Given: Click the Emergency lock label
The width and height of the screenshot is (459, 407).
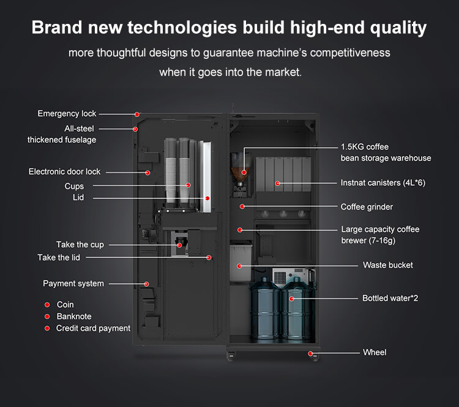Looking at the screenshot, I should [x=67, y=114].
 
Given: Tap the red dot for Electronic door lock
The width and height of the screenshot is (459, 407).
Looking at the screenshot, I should [x=147, y=173].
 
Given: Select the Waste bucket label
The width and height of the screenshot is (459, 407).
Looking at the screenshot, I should [x=387, y=265].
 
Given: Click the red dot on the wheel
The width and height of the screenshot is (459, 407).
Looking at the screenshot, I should [x=310, y=353].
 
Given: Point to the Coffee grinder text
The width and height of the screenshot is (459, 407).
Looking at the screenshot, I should [x=367, y=207].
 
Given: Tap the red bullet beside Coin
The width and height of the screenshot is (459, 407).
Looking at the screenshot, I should [x=47, y=305].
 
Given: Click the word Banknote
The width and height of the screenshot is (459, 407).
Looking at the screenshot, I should [x=73, y=316].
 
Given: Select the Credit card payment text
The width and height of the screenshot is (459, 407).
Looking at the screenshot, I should [x=93, y=329].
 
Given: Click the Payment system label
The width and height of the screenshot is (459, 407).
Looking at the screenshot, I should [x=73, y=284].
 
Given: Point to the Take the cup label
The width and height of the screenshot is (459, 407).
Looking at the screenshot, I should [x=80, y=245].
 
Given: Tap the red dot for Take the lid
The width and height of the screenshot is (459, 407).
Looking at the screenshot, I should [x=209, y=257].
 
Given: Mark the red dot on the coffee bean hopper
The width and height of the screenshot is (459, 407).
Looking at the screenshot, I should [x=244, y=173].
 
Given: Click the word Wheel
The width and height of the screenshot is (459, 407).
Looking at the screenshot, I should [x=375, y=352].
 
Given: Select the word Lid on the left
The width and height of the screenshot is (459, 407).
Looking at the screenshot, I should [x=78, y=198].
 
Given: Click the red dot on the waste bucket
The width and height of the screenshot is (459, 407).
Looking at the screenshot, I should [x=240, y=266].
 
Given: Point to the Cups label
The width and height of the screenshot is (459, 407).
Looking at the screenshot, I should [x=74, y=186].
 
